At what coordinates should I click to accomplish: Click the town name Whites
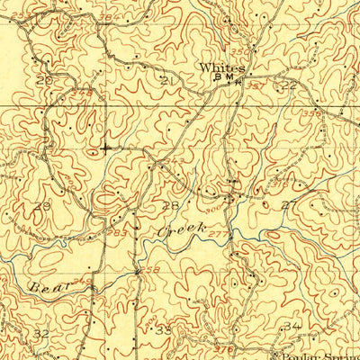[x=220, y=67]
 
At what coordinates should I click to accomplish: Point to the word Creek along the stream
[x=176, y=230]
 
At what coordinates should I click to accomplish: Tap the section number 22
[x=287, y=86]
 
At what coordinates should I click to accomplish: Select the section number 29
[x=40, y=206]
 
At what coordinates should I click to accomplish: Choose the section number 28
[x=168, y=206]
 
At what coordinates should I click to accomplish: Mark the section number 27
[x=287, y=205]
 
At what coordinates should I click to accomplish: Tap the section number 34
[x=290, y=325]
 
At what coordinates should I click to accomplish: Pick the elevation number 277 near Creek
[x=214, y=234]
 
